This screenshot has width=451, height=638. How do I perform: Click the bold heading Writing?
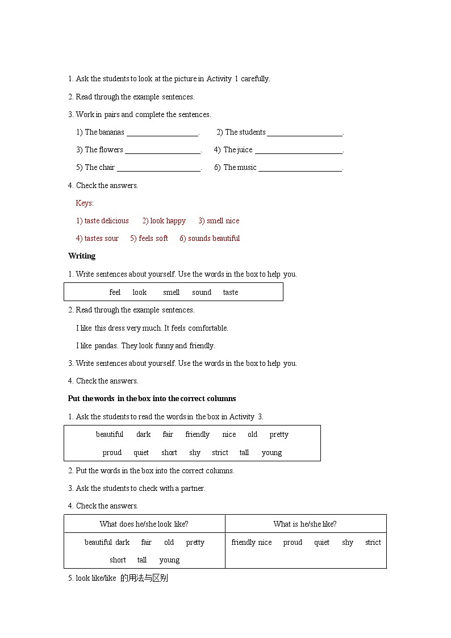coord(82,256)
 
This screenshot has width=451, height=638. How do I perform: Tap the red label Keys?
coord(85,203)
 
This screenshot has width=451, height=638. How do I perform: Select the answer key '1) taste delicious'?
coord(102,221)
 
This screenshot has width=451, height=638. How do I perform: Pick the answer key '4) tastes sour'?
coord(97,239)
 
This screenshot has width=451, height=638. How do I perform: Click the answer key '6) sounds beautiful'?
coord(210,239)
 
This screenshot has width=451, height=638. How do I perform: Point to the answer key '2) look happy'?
coord(164,221)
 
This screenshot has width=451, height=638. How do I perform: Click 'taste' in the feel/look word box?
coord(231,293)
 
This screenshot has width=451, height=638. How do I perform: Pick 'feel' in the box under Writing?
coord(115,293)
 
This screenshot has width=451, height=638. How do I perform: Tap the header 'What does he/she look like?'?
coord(144,524)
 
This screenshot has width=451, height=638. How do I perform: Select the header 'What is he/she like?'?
coord(305,524)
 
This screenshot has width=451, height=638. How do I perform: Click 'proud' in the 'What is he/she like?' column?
coord(293,543)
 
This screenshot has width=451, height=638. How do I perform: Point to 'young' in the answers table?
coord(169,560)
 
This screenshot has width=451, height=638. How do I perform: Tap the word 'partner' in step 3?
coord(193,489)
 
